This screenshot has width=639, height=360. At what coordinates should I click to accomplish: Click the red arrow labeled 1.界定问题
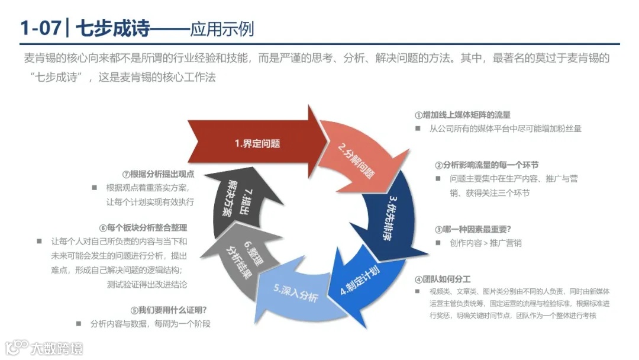coord(254,143)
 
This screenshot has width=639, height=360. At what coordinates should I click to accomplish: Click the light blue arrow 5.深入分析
coord(296,296)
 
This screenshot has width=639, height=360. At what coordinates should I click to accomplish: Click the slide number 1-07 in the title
coord(40,28)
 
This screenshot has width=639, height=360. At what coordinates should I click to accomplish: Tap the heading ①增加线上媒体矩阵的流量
coord(462,115)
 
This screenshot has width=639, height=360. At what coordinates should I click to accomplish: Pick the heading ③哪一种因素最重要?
coord(473,229)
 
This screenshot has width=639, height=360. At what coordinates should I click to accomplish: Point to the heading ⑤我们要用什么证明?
coord(168,310)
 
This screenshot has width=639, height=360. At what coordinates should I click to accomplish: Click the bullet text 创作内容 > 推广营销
coord(485,243)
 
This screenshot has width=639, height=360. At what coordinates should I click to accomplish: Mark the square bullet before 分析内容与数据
coord(79,324)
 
